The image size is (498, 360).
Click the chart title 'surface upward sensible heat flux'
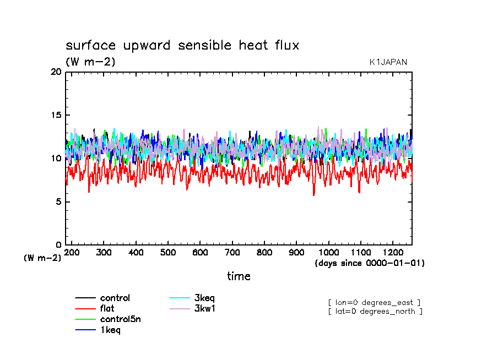click(x=182, y=46)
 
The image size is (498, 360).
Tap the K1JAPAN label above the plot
click(x=388, y=62)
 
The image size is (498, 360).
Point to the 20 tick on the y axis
click(x=56, y=72)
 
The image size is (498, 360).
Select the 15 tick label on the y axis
click(x=56, y=115)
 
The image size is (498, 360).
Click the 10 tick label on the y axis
click(x=56, y=159)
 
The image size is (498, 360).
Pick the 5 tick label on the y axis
click(x=58, y=202)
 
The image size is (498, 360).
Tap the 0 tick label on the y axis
click(x=58, y=245)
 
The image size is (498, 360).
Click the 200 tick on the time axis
click(x=72, y=252)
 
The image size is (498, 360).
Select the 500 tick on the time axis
click(x=168, y=252)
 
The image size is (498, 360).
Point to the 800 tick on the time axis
click(x=264, y=252)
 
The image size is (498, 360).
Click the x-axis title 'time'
click(x=239, y=276)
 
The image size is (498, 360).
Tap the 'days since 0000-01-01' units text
click(x=370, y=263)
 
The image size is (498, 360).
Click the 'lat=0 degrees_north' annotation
click(x=375, y=312)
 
